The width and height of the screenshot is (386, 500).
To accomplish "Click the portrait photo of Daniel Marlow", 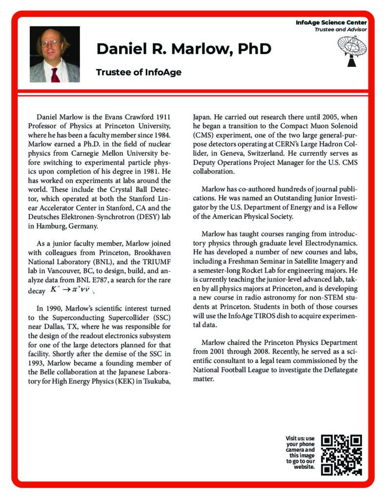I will [55, 54].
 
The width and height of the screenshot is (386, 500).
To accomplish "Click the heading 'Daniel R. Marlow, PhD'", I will [183, 49].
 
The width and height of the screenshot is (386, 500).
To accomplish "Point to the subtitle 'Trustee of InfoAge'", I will [139, 72].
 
